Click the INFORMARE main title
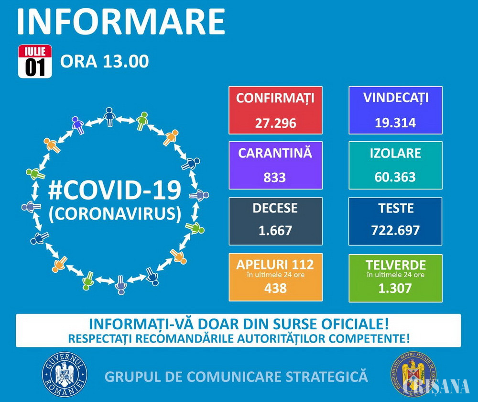[x=121, y=22]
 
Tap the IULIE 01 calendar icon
[x=35, y=61]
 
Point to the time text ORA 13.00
[x=104, y=61]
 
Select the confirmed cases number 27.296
[x=276, y=123]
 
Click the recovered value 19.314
[x=395, y=123]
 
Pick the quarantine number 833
[x=275, y=178]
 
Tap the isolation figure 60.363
[x=395, y=177]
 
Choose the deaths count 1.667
[x=275, y=231]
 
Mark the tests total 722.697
[x=395, y=230]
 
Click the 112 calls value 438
[x=275, y=288]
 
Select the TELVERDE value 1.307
[x=395, y=288]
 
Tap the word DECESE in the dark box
[x=275, y=208]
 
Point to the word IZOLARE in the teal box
[x=395, y=153]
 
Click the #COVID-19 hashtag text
[x=115, y=190]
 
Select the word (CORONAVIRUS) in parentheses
[x=115, y=213]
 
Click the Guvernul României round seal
[x=65, y=374]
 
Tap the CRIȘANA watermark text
[x=436, y=387]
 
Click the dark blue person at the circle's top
[x=109, y=117]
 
